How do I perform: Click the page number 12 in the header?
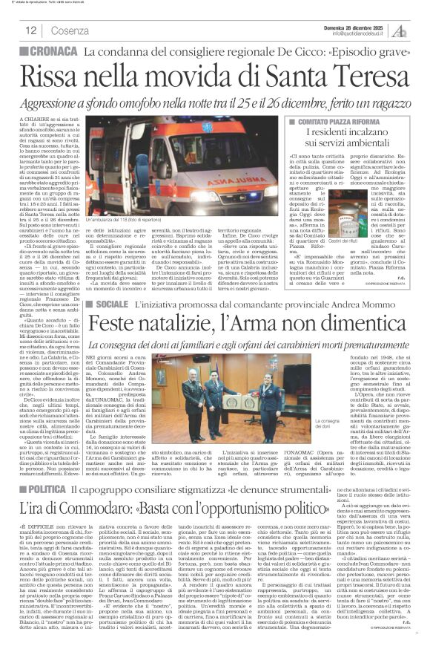[x=30, y=30]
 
